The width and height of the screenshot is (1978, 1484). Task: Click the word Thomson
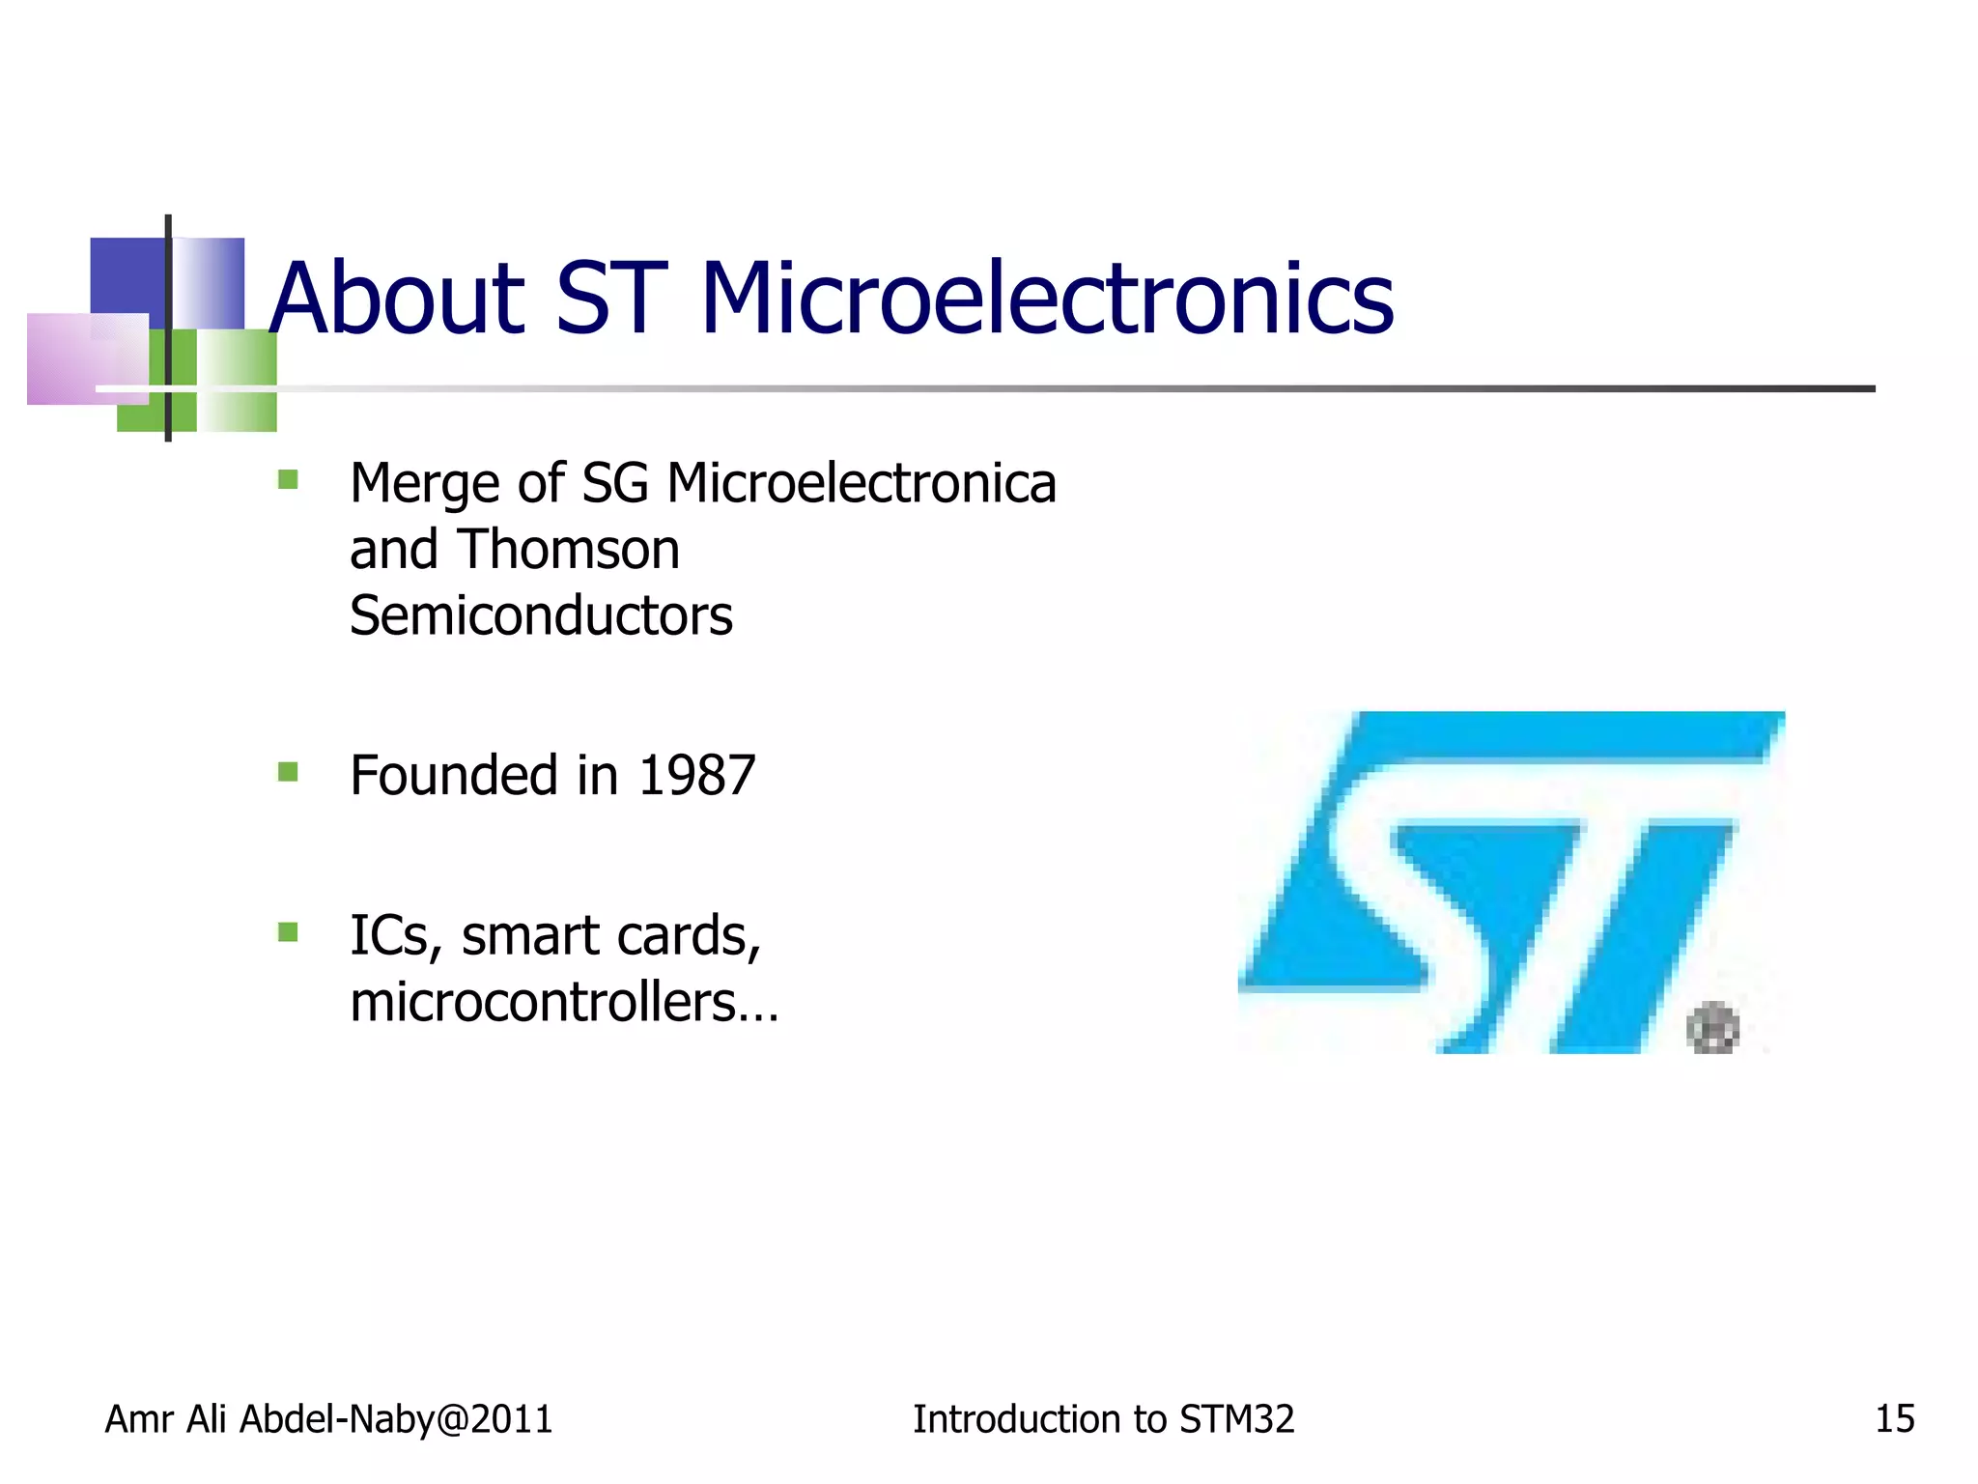point(568,550)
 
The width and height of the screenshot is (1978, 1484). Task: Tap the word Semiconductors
point(541,615)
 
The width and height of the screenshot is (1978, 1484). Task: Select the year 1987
point(696,776)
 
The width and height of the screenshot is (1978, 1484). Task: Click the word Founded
point(455,776)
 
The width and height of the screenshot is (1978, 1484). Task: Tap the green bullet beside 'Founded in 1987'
point(288,772)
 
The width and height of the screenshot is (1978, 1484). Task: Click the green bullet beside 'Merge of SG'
point(288,479)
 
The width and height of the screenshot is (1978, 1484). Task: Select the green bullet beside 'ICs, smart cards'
point(288,932)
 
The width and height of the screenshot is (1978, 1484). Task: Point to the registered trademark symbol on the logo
point(1712,1028)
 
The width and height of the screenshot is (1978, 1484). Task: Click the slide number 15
point(1894,1419)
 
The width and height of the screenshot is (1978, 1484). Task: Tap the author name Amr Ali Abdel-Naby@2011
point(328,1419)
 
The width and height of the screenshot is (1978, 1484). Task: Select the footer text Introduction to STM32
point(1103,1419)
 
